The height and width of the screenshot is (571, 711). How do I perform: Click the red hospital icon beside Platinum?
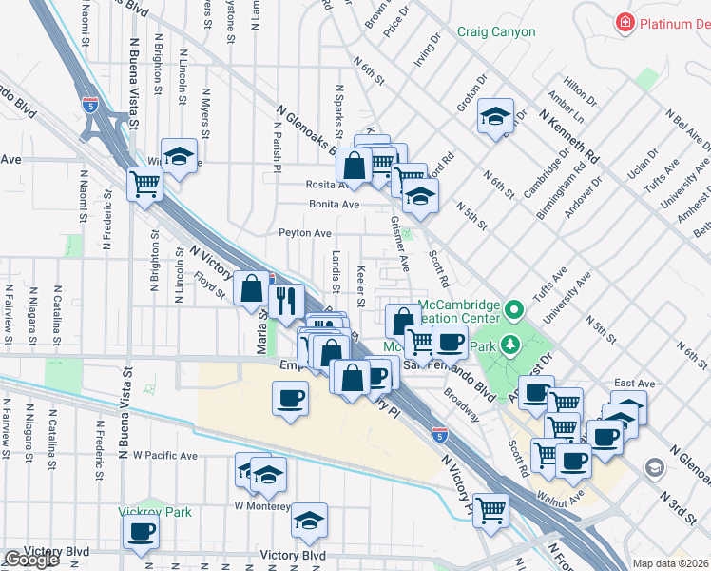[625, 21]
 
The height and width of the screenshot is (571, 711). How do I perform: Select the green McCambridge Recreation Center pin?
[515, 309]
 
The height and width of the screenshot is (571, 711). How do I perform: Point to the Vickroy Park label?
[155, 512]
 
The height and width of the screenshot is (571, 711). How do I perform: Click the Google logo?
[30, 560]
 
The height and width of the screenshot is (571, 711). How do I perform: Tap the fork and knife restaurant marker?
[286, 301]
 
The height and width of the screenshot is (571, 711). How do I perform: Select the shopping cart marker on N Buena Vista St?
[144, 182]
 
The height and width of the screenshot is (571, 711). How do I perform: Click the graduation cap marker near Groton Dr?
[495, 116]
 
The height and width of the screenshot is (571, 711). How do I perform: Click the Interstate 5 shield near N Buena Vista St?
[90, 104]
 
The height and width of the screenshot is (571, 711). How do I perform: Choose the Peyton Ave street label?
[304, 232]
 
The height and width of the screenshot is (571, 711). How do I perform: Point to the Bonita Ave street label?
[334, 204]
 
